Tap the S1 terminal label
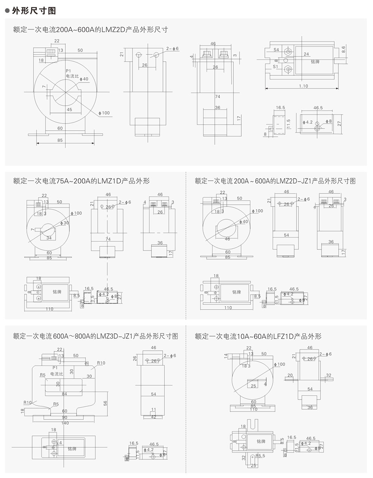tap(276, 67)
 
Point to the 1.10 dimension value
tap(303, 86)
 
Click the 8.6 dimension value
tap(344, 49)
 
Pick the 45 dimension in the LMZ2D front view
tap(69, 109)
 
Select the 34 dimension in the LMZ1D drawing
tap(49, 238)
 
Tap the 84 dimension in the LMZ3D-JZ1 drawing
tap(65, 394)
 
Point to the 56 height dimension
tap(105, 403)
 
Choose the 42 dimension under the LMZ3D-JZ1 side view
tap(153, 417)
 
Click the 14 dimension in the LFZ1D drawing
tap(226, 357)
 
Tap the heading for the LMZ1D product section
tap(81, 181)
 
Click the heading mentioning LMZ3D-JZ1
tap(95, 336)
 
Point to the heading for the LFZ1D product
tap(258, 336)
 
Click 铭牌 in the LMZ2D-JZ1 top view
tap(236, 292)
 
